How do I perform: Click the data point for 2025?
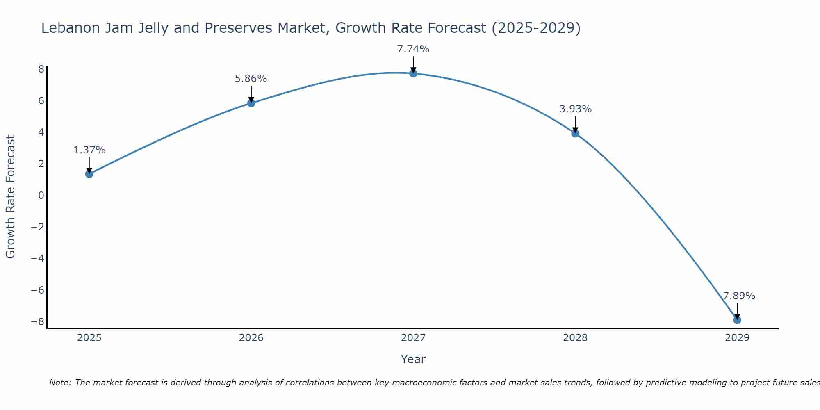coord(89,174)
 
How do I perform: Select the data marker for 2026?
coord(251,103)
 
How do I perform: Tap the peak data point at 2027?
coord(413,73)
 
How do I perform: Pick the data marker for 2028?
coord(575,133)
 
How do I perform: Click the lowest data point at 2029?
coord(737,320)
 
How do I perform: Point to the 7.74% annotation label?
coord(413,49)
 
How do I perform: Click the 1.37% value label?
coord(89,150)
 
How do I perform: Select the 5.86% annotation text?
coord(251,79)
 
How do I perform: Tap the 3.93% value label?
coord(575,109)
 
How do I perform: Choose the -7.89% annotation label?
coord(737,296)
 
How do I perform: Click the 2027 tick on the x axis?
coord(413,338)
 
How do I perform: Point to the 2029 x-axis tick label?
coord(737,338)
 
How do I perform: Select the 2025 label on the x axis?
coord(89,338)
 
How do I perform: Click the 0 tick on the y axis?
coord(41,195)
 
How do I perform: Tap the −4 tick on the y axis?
coord(37,258)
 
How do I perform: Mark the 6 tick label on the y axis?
coord(41,100)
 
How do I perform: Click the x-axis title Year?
coord(413,359)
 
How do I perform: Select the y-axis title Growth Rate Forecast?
coord(10,196)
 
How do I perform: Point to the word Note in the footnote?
coord(60,383)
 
